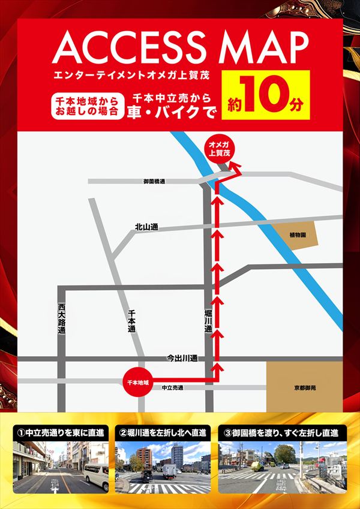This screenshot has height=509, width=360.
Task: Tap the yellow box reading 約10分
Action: pyautogui.click(x=265, y=101)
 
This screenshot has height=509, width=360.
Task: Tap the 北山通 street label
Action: pyautogui.click(x=146, y=227)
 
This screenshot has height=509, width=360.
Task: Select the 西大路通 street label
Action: pyautogui.click(x=61, y=318)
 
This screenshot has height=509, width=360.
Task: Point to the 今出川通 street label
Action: pyautogui.click(x=182, y=358)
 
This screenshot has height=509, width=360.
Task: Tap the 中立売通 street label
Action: pyautogui.click(x=172, y=388)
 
